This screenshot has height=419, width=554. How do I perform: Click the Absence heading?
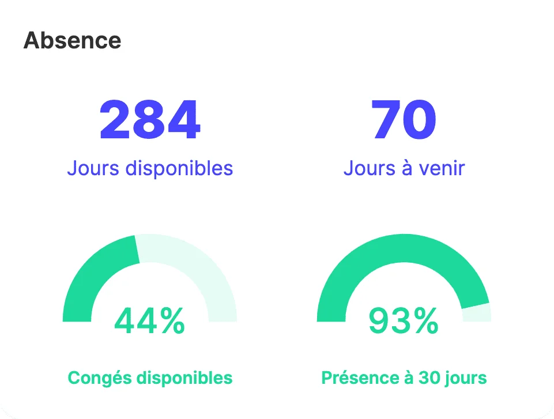pos(72,40)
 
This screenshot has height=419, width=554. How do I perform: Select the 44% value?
pos(150,321)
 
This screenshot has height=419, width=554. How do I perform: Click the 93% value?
pos(404,321)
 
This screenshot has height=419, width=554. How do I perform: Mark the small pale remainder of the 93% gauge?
pos(477,313)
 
